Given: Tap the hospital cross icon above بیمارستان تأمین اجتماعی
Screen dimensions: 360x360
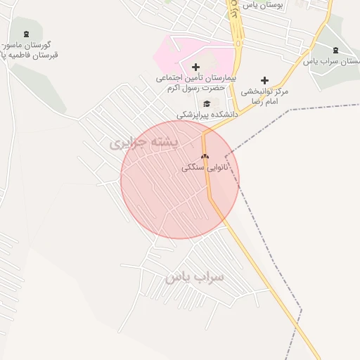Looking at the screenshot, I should (x=195, y=67).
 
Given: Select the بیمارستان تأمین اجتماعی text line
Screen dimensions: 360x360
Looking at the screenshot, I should (x=196, y=77).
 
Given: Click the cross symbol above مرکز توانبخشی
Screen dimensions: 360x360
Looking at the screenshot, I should (x=264, y=80).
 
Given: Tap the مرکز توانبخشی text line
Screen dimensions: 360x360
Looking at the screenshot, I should (x=265, y=91).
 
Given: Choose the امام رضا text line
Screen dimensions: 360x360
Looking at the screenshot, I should (x=266, y=101).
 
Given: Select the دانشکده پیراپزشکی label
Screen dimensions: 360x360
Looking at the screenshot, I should (x=207, y=113).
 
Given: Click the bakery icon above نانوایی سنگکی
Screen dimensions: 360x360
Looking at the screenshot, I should (x=205, y=156).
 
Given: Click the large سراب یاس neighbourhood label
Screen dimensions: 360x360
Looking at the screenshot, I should (x=195, y=277).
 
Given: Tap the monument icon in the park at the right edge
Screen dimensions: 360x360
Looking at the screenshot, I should (x=335, y=50).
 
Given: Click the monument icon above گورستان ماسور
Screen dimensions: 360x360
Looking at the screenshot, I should (x=27, y=34).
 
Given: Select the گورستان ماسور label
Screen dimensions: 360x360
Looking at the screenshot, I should (x=33, y=44).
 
